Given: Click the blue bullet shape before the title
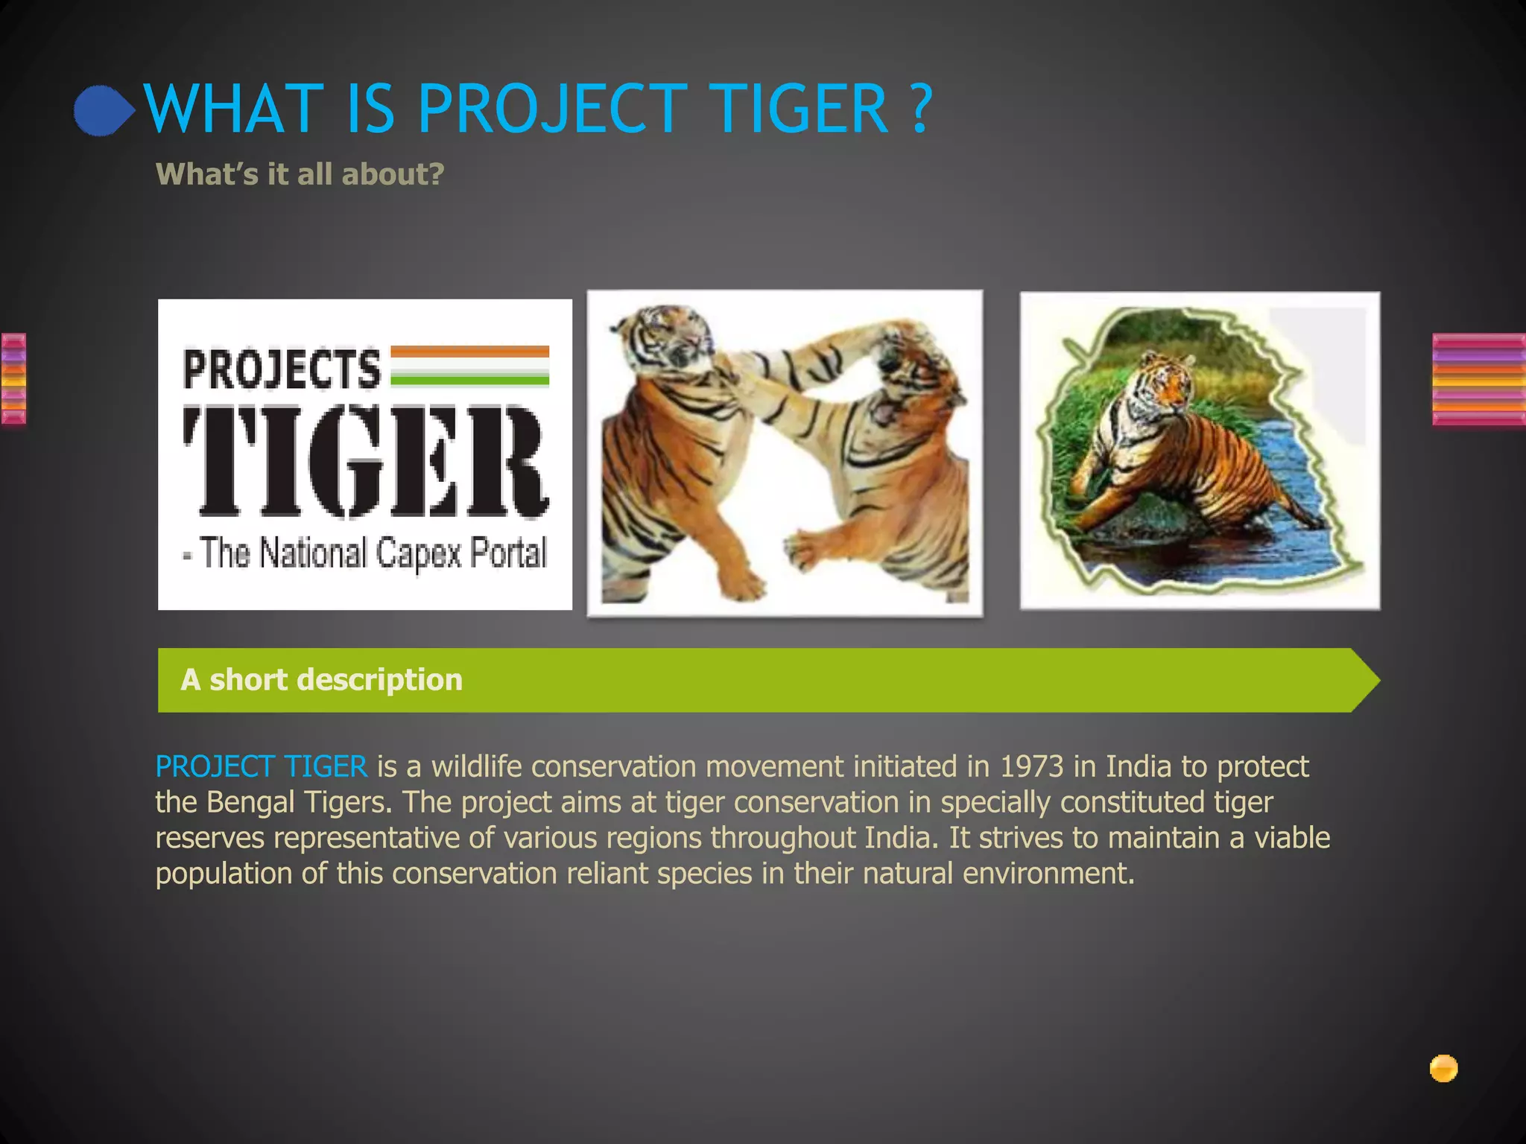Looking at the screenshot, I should click(103, 111).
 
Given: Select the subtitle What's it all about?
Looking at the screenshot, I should click(300, 174).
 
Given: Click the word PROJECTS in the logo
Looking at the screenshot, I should click(282, 369).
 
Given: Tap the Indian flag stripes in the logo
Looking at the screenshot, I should click(469, 366).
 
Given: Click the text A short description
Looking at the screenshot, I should click(321, 680).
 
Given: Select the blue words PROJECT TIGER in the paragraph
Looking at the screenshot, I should click(261, 766).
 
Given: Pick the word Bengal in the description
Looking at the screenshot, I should click(250, 802).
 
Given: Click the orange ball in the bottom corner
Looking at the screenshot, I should click(1443, 1068).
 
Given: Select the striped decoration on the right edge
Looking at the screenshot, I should click(1478, 379).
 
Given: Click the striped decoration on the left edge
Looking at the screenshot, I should click(13, 379).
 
